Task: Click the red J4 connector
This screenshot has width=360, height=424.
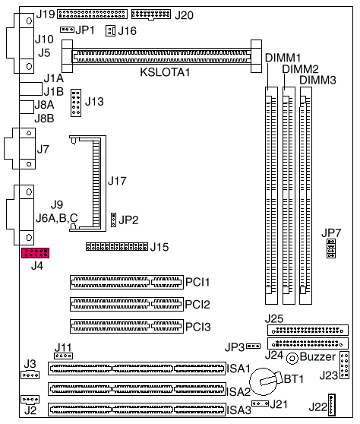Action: (x=35, y=253)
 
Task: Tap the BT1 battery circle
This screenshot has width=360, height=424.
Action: (x=263, y=381)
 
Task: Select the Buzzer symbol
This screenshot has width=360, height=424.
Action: (x=292, y=359)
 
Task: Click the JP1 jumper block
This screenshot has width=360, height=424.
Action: (x=67, y=29)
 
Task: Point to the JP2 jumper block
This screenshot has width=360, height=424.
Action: (x=113, y=220)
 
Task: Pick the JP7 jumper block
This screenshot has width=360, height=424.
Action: (x=331, y=248)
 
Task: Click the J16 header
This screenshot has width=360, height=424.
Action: (x=110, y=31)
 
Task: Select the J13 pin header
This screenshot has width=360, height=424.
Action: (x=76, y=103)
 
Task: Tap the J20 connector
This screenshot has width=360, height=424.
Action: (x=151, y=14)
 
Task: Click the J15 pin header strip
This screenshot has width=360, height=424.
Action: (x=117, y=246)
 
